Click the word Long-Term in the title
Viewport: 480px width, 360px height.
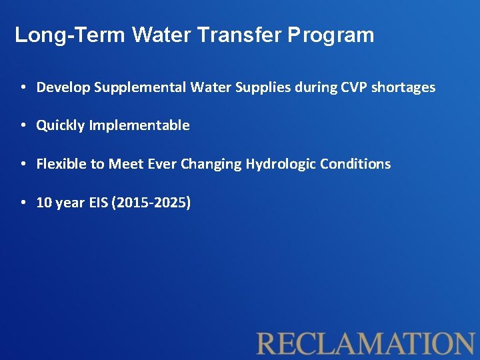coord(70,35)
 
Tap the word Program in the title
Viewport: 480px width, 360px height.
coord(331,35)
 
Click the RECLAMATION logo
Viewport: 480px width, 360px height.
coord(365,343)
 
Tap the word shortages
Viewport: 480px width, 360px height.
coord(407,87)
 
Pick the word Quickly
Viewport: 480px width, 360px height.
coord(60,125)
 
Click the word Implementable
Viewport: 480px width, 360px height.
coord(139,125)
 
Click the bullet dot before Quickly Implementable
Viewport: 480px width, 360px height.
coord(23,126)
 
